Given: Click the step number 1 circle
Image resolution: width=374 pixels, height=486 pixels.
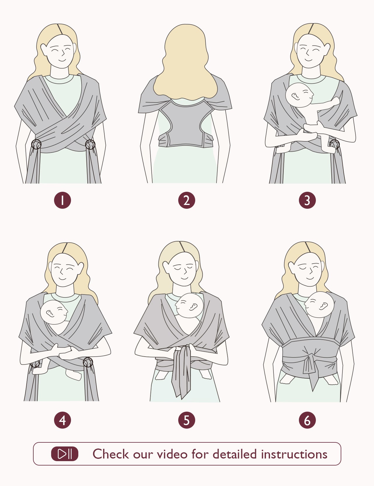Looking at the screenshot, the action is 63,200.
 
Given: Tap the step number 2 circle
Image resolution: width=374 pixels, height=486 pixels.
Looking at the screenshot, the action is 186,200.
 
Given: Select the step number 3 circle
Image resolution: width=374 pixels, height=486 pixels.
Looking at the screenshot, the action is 307,200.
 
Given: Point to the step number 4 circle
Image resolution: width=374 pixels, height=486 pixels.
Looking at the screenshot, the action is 63,420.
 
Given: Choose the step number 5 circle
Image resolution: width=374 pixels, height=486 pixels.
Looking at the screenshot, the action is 186,420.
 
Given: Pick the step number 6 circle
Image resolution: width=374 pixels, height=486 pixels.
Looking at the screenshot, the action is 307,420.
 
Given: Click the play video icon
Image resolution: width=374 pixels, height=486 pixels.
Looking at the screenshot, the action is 65,454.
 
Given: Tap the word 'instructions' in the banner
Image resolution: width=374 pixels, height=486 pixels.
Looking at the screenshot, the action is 294,454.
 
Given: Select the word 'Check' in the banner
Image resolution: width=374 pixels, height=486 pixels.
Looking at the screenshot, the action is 111,454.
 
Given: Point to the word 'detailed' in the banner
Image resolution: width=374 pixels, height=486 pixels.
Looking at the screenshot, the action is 234,454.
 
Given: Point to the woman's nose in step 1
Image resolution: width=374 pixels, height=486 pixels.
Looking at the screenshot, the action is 63,53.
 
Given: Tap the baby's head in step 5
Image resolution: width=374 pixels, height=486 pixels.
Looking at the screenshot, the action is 189,306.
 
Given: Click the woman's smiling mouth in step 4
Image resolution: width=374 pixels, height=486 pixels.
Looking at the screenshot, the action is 62,279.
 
